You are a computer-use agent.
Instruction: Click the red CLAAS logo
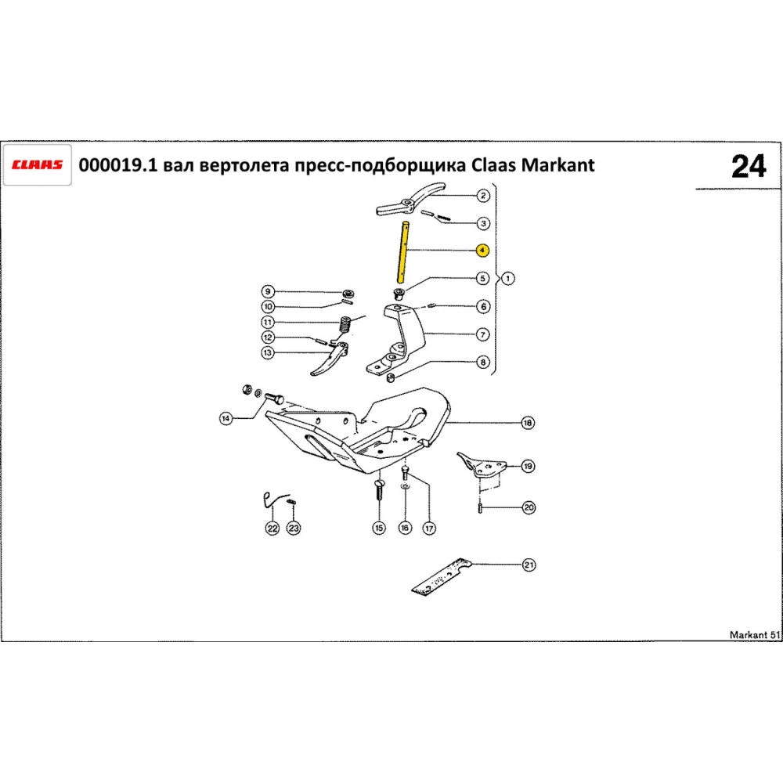click(x=38, y=165)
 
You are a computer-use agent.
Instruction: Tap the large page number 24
click(x=749, y=167)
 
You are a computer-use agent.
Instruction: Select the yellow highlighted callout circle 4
click(x=483, y=251)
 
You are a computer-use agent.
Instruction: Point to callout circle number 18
click(x=528, y=424)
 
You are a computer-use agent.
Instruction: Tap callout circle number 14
click(x=226, y=419)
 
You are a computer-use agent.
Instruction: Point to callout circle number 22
click(x=272, y=529)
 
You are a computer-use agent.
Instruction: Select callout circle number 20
click(x=529, y=507)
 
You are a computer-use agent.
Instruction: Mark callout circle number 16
click(x=404, y=529)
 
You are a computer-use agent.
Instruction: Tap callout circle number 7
click(x=483, y=334)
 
